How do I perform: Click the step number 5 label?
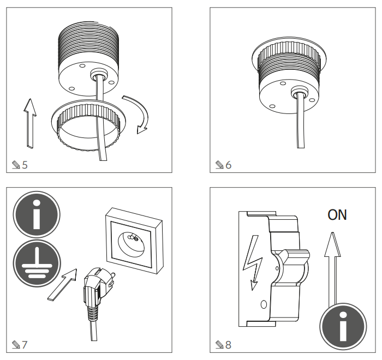pos(24,165)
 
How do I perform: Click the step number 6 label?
pos(228,165)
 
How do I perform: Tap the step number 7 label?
pos(24,344)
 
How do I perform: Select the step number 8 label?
pos(228,344)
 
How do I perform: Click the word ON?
pos(337,215)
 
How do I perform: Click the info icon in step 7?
pos(37,217)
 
